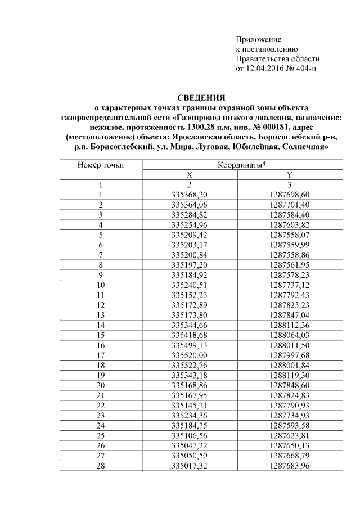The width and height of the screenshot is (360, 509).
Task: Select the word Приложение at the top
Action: pos(258,40)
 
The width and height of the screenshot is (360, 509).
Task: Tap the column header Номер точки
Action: pos(101,165)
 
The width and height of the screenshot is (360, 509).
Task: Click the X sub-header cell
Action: pos(190,174)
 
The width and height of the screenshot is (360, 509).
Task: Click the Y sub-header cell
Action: pos(289,174)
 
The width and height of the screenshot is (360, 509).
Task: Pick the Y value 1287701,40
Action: pos(289,204)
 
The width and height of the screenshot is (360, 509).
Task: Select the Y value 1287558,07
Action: pos(289,234)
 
